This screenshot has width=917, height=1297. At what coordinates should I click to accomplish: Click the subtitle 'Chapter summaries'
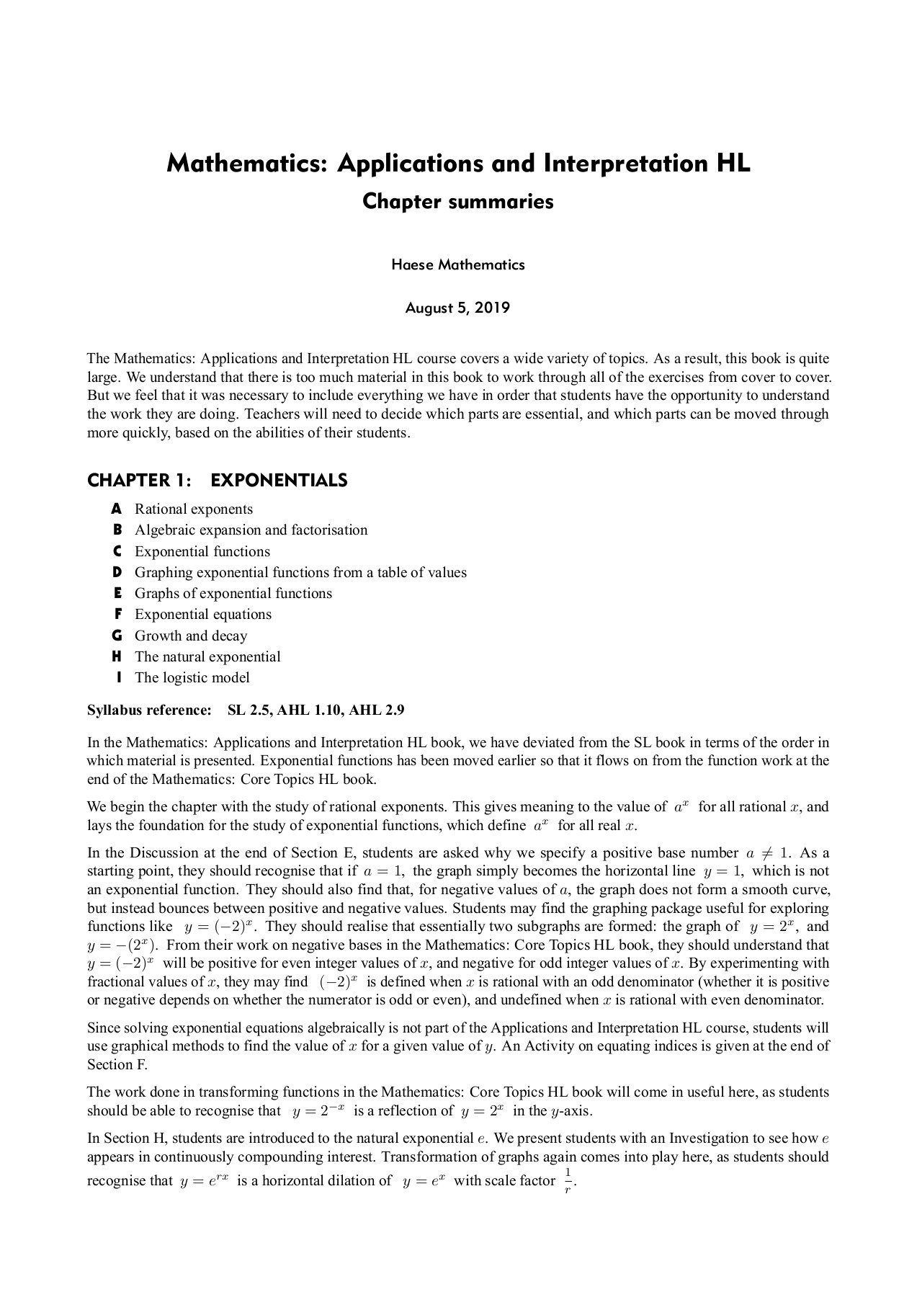(x=457, y=201)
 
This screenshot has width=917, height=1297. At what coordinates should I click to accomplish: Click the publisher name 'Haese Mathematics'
(x=457, y=264)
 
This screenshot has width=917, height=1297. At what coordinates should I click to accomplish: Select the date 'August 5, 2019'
(x=457, y=308)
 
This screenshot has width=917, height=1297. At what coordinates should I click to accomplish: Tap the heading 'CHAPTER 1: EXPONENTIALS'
(x=217, y=481)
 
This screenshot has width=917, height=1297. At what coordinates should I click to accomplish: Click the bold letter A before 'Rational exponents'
(x=117, y=509)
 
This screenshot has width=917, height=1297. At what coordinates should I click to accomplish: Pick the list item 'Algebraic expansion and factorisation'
(x=251, y=530)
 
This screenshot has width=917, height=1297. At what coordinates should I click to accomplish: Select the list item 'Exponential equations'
(x=203, y=615)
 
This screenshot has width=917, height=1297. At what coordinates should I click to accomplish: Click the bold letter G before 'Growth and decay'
(x=117, y=636)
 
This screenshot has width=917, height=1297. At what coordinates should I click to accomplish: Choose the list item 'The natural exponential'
(x=207, y=657)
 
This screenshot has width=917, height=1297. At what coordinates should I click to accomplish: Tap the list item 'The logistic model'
(x=192, y=678)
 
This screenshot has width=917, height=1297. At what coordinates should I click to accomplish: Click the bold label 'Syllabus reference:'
(x=148, y=710)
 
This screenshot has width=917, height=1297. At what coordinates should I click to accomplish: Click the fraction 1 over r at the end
(x=568, y=1181)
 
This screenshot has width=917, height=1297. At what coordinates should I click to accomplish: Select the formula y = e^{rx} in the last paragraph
(x=204, y=1181)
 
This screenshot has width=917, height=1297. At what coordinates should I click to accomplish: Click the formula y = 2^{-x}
(x=318, y=1111)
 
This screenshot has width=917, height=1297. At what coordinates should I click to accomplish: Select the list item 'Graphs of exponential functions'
(x=233, y=594)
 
